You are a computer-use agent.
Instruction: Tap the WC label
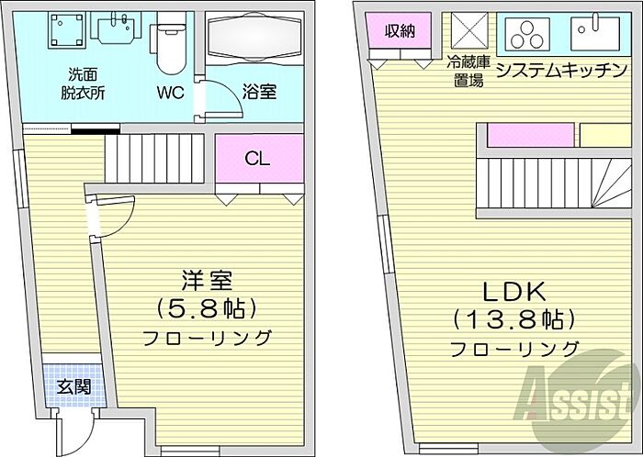[170, 93]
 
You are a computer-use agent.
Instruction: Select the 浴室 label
[258, 93]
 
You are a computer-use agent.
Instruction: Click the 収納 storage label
[400, 30]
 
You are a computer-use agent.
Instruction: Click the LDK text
[514, 293]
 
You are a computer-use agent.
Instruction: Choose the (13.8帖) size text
[514, 320]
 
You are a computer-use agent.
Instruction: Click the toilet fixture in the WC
[169, 44]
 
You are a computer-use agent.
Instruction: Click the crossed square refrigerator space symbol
[467, 33]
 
